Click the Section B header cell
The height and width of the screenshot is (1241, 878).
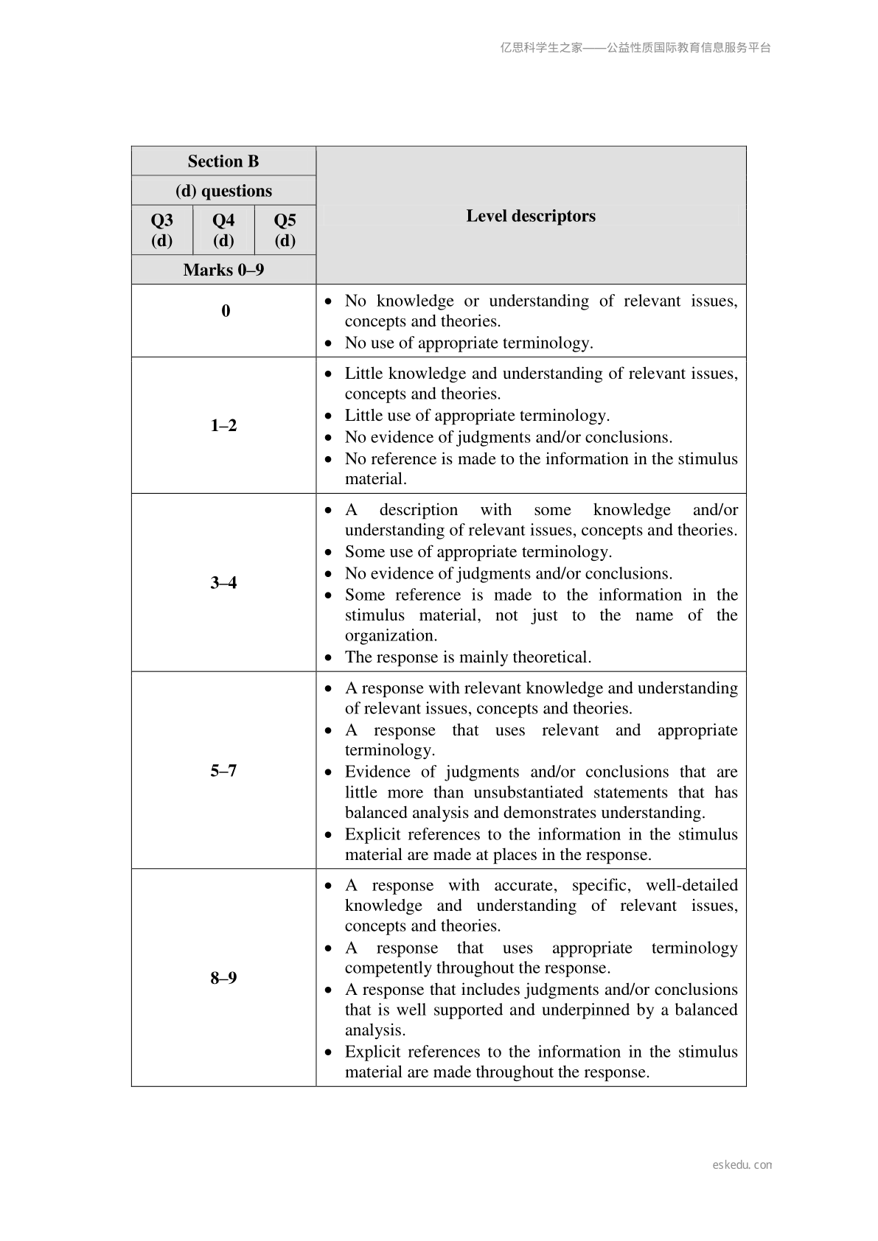point(223,161)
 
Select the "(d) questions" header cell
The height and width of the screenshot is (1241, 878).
point(223,191)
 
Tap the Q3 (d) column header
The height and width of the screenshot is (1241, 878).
point(162,230)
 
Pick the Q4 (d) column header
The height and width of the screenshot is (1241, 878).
point(223,230)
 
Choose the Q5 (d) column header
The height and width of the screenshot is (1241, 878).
point(285,230)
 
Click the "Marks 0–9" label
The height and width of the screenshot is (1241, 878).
point(223,270)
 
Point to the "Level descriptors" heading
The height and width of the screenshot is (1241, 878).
point(531,216)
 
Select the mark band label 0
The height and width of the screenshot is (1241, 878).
point(226,311)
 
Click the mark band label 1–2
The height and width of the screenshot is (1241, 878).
point(223,425)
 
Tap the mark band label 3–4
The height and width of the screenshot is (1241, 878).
point(223,583)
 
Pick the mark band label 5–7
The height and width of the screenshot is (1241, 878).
point(223,771)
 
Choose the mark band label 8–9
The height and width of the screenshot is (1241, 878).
point(223,978)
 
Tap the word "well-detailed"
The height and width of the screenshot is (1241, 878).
point(691,886)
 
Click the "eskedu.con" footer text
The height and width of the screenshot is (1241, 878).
point(742,1165)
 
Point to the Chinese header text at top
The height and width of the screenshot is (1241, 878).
point(635,48)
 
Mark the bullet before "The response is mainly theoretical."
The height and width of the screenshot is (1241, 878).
point(330,657)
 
